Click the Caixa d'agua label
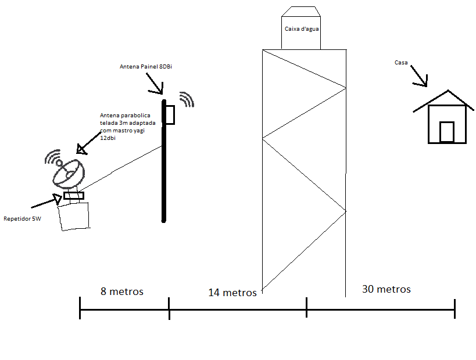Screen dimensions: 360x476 [301, 28]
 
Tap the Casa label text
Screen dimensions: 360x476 [401, 63]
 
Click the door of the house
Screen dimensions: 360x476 [446, 131]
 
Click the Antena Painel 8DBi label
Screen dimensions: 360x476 [146, 67]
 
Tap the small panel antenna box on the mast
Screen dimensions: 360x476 [170, 114]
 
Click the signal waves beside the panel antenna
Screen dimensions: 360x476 [187, 99]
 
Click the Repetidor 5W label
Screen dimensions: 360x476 [22, 219]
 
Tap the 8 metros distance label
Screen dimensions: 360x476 [121, 291]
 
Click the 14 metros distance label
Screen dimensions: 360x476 [232, 293]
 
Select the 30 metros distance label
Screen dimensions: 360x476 [386, 289]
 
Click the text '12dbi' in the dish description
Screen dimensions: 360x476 [108, 138]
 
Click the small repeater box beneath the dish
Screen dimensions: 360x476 [74, 196]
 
